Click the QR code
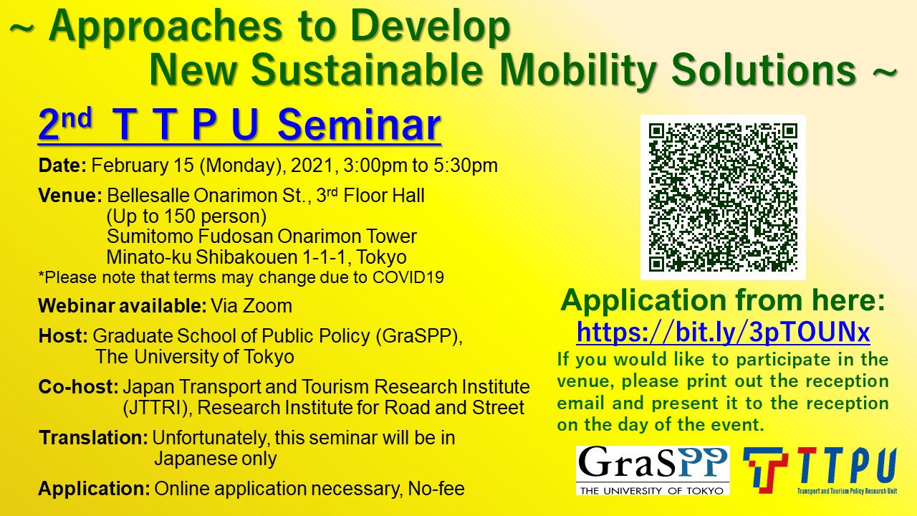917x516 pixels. [x=723, y=197]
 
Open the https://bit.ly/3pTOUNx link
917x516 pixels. [x=723, y=332]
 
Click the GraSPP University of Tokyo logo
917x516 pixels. [x=653, y=471]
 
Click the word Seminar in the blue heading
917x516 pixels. [x=359, y=125]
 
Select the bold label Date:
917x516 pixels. [x=62, y=166]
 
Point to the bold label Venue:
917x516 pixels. [x=70, y=196]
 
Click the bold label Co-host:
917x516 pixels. [x=78, y=386]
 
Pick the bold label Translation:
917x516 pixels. [x=94, y=438]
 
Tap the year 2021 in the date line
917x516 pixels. [x=312, y=166]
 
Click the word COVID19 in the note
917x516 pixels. [x=408, y=277]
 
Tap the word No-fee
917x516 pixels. [x=436, y=489]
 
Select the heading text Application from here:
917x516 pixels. [x=723, y=300]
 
